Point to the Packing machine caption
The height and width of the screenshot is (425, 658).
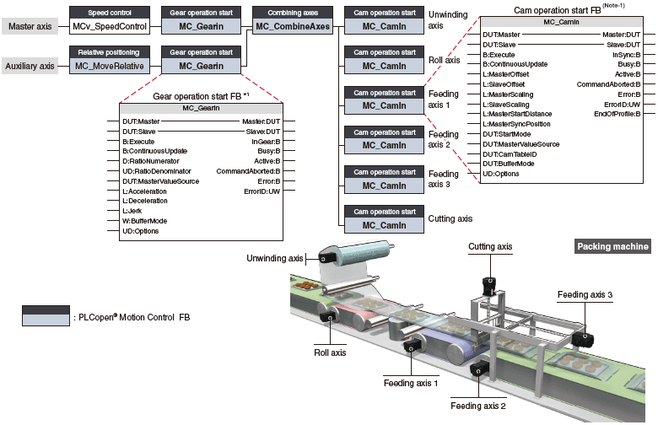[x=613, y=246]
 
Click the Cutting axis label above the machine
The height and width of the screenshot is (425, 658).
[x=490, y=247]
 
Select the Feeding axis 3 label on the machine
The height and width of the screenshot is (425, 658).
[x=585, y=294]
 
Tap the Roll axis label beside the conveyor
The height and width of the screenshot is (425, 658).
[x=331, y=353]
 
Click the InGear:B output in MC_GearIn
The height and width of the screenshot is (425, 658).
[x=264, y=142]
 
